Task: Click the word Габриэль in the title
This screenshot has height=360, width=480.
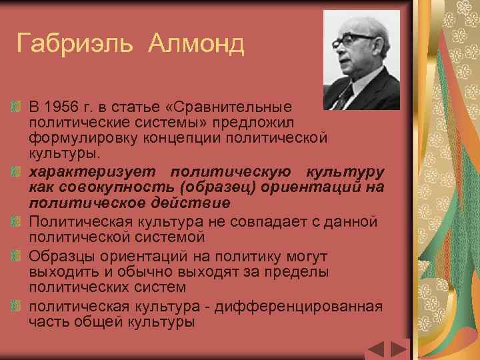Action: click(x=79, y=45)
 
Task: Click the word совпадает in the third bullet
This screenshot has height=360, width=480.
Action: click(x=257, y=221)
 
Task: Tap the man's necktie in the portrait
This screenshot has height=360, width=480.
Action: click(x=343, y=97)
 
